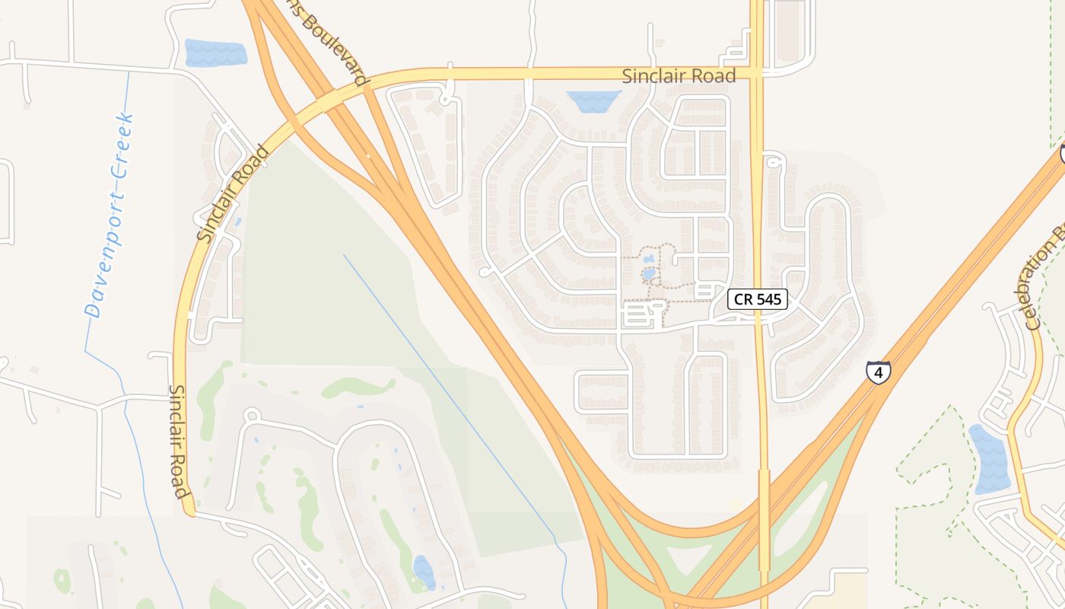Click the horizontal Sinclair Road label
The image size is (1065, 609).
pyautogui.click(x=679, y=76)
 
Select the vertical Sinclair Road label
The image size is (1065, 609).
pyautogui.click(x=178, y=441)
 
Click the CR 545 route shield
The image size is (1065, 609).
pyautogui.click(x=757, y=299)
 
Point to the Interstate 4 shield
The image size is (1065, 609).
pyautogui.click(x=878, y=372)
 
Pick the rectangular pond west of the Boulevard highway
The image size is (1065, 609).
pyautogui.click(x=216, y=53)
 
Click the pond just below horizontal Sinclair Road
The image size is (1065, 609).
pyautogui.click(x=593, y=100)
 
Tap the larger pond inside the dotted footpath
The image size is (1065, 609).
pyautogui.click(x=648, y=273)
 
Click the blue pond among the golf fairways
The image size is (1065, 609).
pyautogui.click(x=424, y=572)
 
